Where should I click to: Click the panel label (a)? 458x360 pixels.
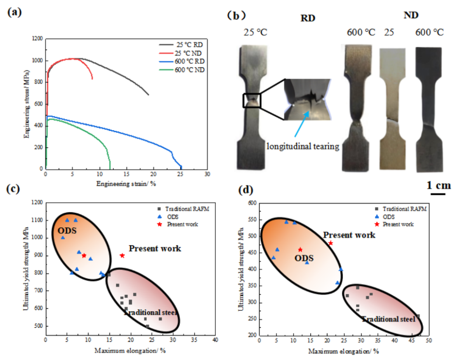click(x=15, y=12)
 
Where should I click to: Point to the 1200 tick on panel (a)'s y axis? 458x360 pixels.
click(x=37, y=39)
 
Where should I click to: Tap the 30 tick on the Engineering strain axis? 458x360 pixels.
click(x=207, y=174)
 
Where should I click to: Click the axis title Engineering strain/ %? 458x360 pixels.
click(x=126, y=183)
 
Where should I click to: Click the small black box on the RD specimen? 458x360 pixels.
click(x=252, y=101)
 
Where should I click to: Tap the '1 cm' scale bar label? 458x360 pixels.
click(x=438, y=185)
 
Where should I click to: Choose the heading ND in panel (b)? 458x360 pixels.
click(x=411, y=16)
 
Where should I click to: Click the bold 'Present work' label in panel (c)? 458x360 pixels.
click(x=155, y=249)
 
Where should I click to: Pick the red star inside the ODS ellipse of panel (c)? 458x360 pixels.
click(x=84, y=256)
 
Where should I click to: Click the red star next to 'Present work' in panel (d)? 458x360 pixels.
click(x=331, y=243)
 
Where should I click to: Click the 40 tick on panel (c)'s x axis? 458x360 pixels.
click(x=215, y=340)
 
